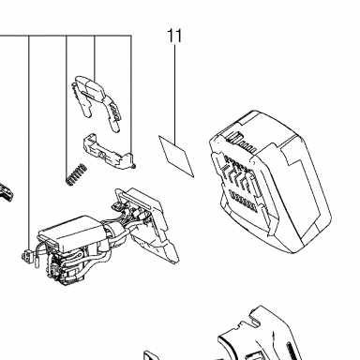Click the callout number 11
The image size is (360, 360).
[174, 36]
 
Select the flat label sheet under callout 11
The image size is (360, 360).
[176, 157]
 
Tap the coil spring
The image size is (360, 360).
[76, 174]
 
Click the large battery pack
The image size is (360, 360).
[270, 181]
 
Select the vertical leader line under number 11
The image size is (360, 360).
[174, 94]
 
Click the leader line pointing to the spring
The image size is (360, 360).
[67, 105]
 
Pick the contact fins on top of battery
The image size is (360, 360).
[240, 141]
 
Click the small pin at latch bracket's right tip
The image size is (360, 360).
[133, 165]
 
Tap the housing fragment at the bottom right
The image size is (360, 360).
[260, 335]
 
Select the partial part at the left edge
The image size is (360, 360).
[7, 191]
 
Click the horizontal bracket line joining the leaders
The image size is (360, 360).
[66, 36]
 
